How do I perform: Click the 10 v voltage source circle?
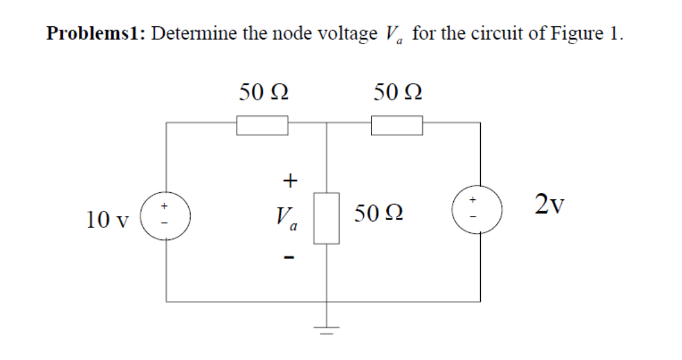(165, 215)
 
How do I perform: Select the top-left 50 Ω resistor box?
(262, 125)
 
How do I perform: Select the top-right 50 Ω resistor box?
(397, 125)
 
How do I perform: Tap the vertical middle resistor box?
(327, 218)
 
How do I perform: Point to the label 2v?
(550, 205)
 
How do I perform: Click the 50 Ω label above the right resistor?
(398, 92)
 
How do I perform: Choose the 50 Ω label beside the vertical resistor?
(379, 213)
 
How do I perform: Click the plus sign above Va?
(289, 180)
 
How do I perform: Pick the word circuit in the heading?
(498, 33)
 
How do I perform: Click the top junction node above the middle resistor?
(326, 123)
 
